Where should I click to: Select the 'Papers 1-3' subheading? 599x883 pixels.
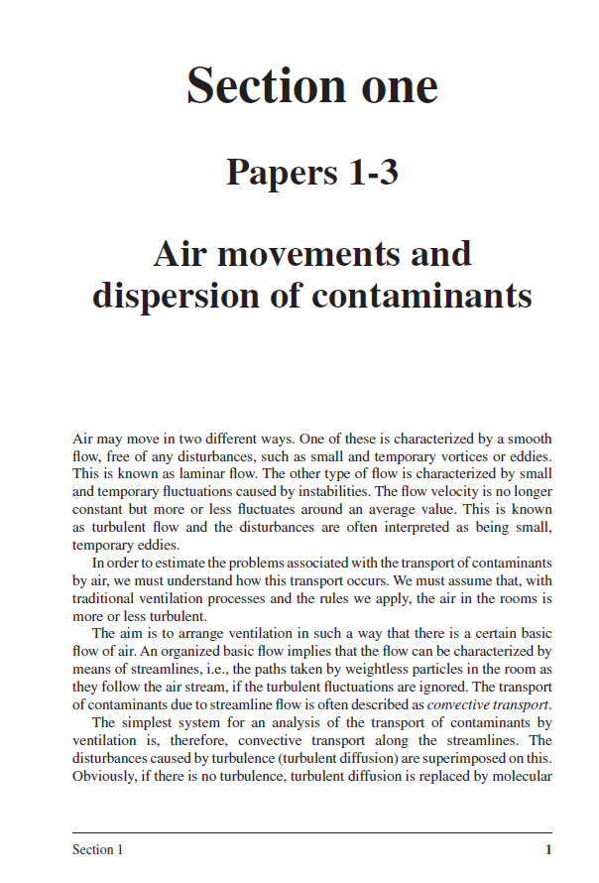[x=312, y=173]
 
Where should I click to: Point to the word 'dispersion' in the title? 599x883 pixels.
[x=181, y=297]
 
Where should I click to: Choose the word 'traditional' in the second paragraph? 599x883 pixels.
[x=107, y=599]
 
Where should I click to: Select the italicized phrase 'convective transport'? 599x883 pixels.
[x=486, y=705]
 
